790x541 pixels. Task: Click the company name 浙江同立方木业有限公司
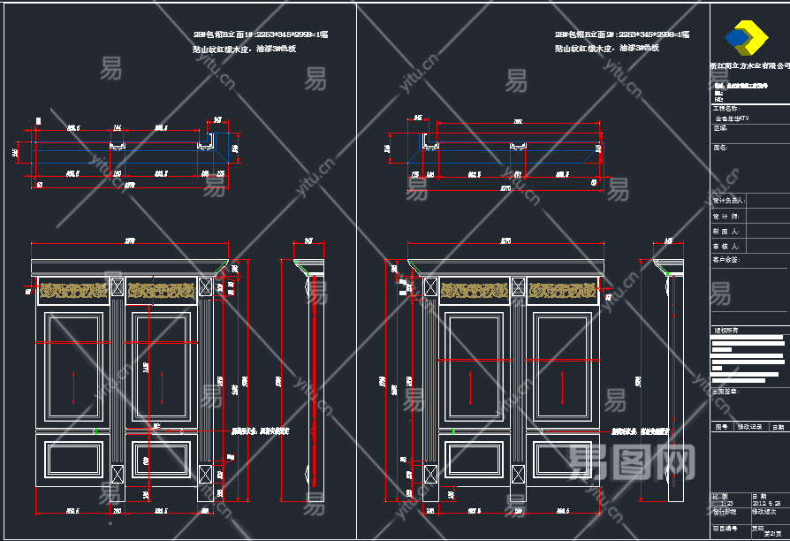pyautogui.click(x=749, y=65)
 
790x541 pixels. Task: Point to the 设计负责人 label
pyautogui.click(x=727, y=201)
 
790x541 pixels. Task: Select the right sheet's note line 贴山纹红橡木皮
pyautogui.click(x=607, y=49)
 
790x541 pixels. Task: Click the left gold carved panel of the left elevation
pyautogui.click(x=73, y=289)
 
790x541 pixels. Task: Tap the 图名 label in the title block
pyautogui.click(x=720, y=149)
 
